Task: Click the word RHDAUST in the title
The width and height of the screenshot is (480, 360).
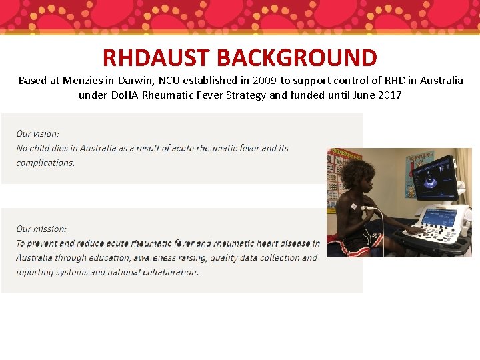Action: coord(156,58)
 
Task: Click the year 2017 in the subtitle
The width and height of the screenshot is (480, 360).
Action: coord(389,95)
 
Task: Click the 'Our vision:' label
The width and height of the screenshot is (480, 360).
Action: coord(38,134)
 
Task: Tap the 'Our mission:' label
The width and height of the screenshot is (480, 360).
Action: coord(41,229)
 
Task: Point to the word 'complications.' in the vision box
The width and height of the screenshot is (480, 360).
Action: coord(45,163)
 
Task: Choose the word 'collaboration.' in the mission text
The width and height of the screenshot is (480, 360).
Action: coord(170,272)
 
